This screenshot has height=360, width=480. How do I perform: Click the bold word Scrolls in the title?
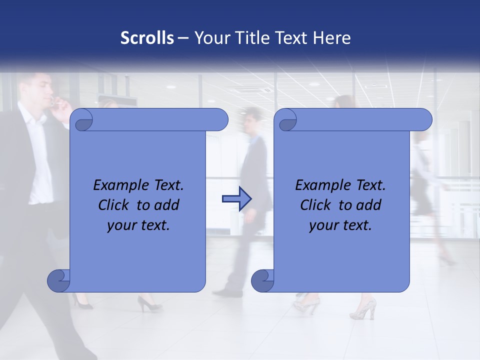point(147,38)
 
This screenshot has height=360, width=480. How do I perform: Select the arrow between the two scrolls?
point(236,198)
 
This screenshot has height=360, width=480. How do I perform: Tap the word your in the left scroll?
point(121,225)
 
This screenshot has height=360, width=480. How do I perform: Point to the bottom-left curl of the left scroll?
point(59,281)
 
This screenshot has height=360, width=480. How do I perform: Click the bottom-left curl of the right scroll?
point(262,281)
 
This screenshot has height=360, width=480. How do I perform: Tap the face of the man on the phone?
point(43,90)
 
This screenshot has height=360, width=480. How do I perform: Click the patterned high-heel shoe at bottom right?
point(363,309)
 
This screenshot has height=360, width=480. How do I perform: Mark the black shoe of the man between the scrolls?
point(227,292)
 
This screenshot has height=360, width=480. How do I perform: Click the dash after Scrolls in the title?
point(183,38)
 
